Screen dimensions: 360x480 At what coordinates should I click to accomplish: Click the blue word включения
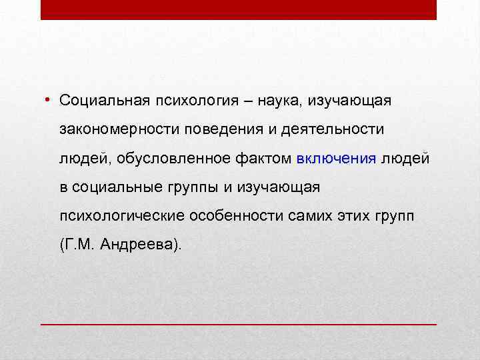[x=336, y=159]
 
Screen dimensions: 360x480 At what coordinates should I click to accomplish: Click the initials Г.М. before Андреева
[x=80, y=245]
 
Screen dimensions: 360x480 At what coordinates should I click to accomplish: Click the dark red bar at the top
[x=239, y=9]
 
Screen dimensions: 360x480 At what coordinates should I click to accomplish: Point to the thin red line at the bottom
[x=239, y=323]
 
